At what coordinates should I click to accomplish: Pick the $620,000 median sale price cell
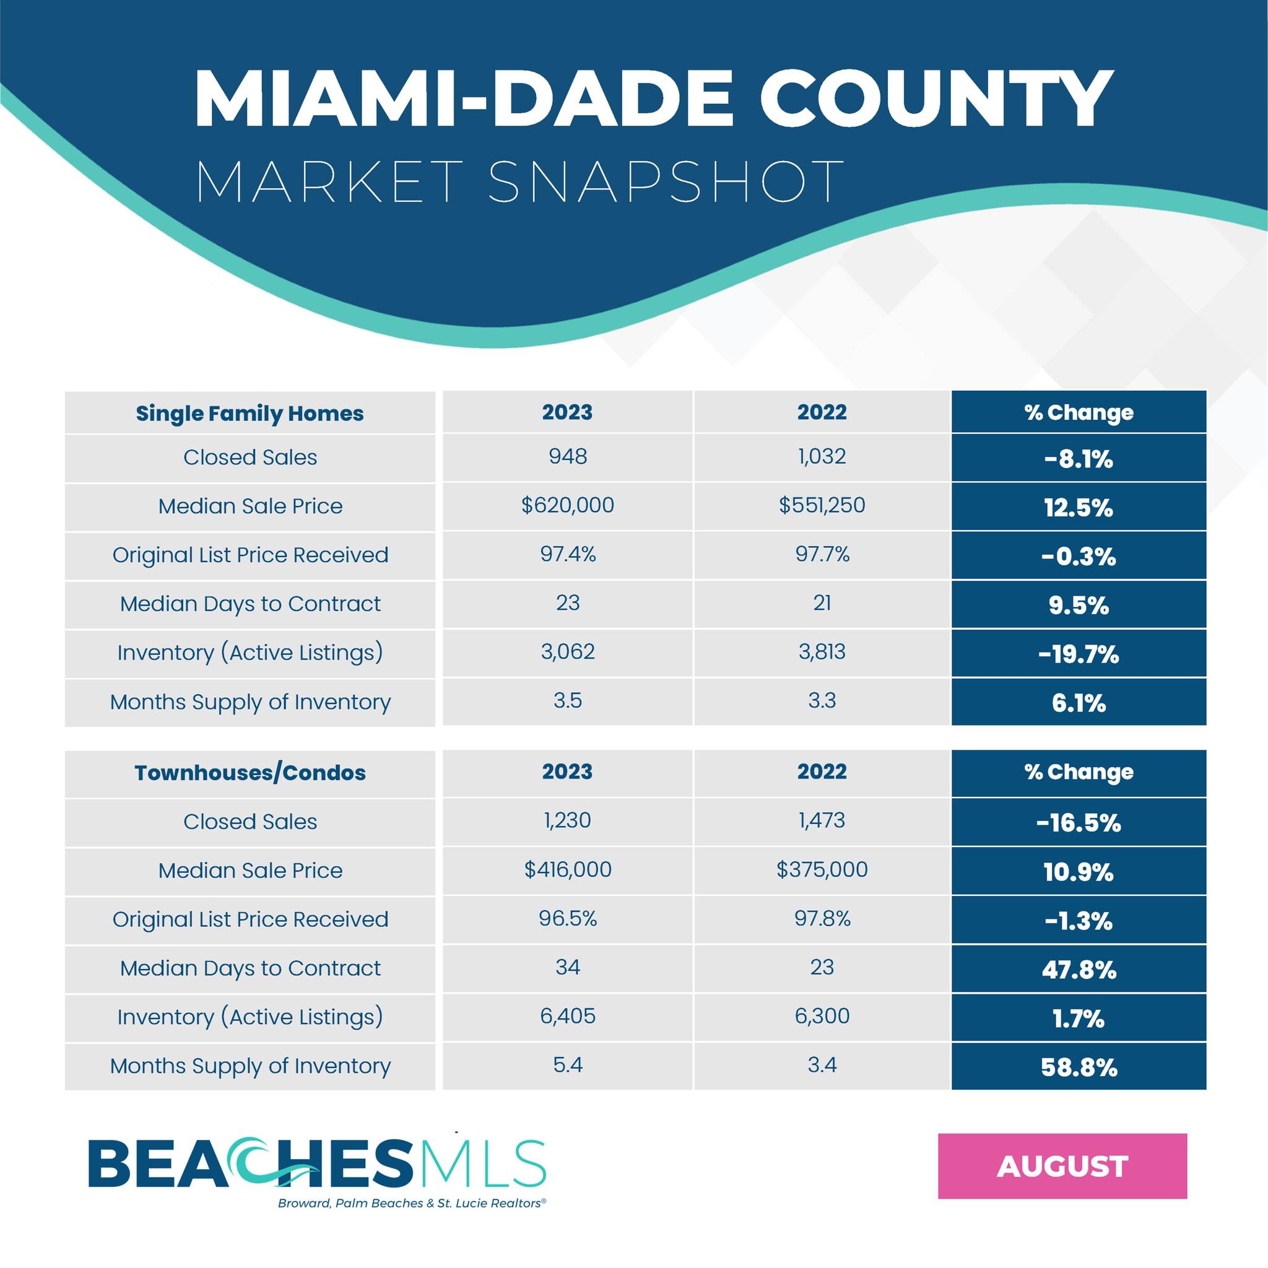(x=568, y=505)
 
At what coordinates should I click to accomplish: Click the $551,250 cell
(x=822, y=505)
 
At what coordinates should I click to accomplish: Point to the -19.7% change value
(x=1079, y=654)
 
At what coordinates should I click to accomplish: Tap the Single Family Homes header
(x=250, y=414)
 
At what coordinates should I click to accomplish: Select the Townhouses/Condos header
(x=250, y=773)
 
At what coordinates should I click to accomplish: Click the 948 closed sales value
(x=568, y=456)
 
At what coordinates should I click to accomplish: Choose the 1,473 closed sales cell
(x=822, y=820)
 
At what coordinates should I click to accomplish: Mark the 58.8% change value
(x=1079, y=1068)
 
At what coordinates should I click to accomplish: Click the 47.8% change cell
(x=1079, y=970)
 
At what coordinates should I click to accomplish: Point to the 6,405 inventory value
(x=568, y=1016)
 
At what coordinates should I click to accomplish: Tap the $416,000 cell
(x=568, y=870)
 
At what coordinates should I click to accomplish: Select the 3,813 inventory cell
(x=822, y=652)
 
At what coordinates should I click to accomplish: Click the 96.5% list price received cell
(x=568, y=918)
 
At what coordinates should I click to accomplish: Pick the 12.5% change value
(x=1079, y=508)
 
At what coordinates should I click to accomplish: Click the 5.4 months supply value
(x=568, y=1064)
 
